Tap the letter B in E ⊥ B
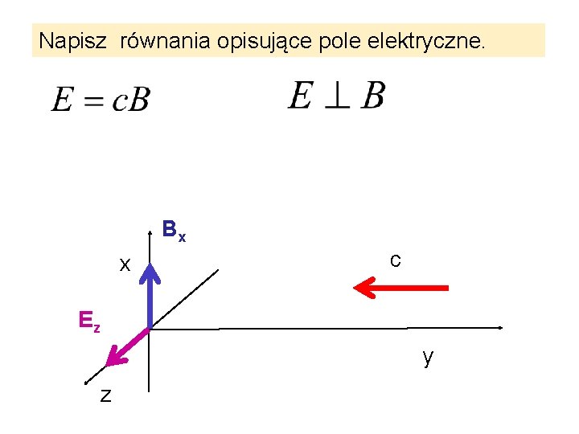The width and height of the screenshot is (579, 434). click(372, 96)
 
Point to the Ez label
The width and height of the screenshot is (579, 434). click(89, 321)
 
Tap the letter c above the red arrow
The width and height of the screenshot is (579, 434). click(395, 260)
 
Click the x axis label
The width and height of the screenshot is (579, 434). click(125, 264)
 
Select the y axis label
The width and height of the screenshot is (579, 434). click(428, 357)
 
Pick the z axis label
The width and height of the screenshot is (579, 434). click(105, 395)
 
